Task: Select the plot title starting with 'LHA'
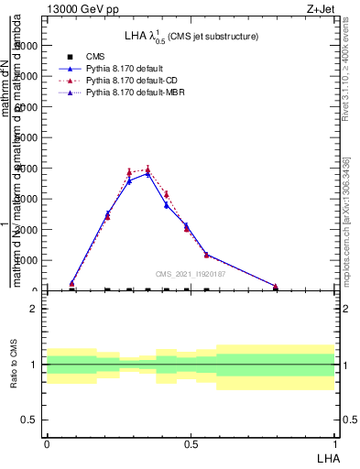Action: click(191, 37)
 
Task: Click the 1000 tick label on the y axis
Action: click(28, 260)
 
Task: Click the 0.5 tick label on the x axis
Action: click(191, 443)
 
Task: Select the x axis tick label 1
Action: click(334, 443)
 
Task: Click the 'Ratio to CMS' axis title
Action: click(14, 365)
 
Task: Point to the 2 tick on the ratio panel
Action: click(34, 309)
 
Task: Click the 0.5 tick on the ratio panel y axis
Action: click(30, 420)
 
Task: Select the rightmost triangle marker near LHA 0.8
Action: click(275, 287)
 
